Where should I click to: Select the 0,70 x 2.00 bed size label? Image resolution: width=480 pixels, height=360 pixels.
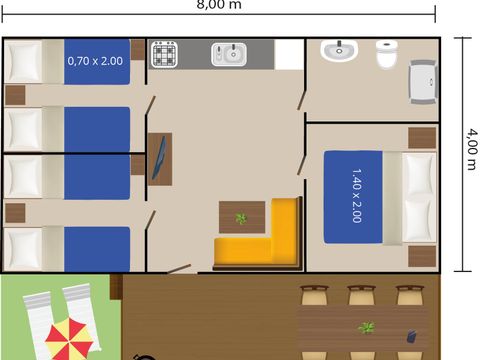[95, 61]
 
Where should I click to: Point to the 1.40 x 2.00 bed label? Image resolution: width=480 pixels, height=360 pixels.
[357, 196]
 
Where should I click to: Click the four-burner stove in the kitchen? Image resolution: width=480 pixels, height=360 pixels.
[165, 54]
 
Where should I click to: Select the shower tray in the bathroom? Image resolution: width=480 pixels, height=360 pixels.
[423, 79]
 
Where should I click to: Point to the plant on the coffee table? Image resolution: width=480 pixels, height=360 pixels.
[240, 218]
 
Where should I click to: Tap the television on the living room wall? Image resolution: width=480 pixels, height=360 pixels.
[159, 160]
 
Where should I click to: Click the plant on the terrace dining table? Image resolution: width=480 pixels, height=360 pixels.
[367, 328]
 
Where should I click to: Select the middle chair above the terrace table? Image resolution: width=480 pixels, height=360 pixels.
[360, 294]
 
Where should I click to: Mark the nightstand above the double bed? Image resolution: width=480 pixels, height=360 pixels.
[421, 137]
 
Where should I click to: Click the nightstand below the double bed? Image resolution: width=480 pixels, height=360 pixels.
[421, 256]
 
